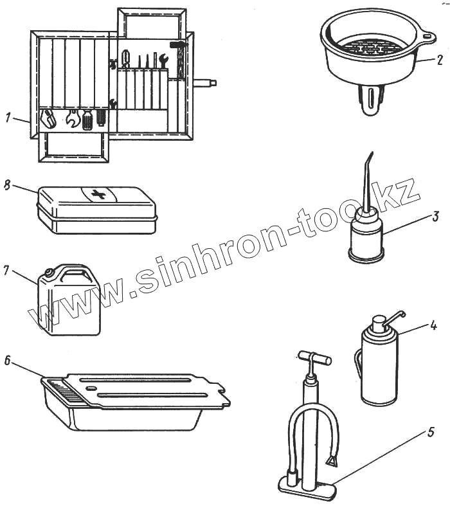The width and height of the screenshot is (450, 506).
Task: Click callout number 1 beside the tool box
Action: pyautogui.click(x=8, y=118)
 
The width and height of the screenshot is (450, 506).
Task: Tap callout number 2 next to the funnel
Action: pyautogui.click(x=440, y=60)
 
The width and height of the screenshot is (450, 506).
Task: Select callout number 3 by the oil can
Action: pyautogui.click(x=436, y=216)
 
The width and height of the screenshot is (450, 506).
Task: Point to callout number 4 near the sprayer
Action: pyautogui.click(x=433, y=325)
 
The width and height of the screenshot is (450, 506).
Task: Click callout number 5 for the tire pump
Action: pyautogui.click(x=431, y=432)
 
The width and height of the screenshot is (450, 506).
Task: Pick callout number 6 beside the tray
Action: pyautogui.click(x=8, y=361)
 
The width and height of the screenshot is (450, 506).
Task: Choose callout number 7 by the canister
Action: pyautogui.click(x=6, y=271)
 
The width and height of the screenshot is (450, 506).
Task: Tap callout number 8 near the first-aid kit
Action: pyautogui.click(x=7, y=186)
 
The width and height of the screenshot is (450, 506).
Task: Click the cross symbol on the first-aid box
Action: pyautogui.click(x=99, y=194)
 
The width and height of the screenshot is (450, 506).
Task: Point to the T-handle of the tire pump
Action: pyautogui.click(x=314, y=357)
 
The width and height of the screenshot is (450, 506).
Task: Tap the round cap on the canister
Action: pyautogui.click(x=50, y=272)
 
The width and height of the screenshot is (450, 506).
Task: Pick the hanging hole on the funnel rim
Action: pyautogui.click(x=428, y=37)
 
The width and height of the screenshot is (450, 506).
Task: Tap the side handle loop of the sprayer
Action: pyautogui.click(x=358, y=363)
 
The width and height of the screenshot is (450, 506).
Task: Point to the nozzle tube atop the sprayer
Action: pyautogui.click(x=394, y=317)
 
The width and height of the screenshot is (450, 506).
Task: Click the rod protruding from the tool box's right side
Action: pyautogui.click(x=205, y=83)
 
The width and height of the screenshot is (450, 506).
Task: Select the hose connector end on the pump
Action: pyautogui.click(x=333, y=463)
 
